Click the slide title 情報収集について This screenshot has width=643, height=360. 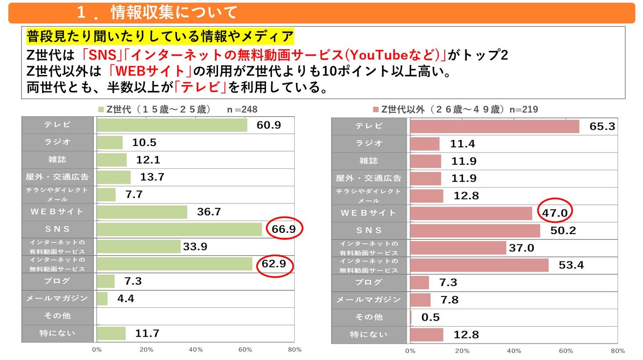(x=174, y=12)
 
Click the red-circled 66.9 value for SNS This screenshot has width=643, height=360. (x=284, y=229)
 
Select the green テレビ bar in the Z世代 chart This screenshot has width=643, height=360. (x=172, y=125)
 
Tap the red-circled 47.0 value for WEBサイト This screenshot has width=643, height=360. (x=555, y=213)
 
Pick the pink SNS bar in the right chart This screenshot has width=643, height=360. (x=475, y=231)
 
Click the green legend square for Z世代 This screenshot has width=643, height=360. (x=101, y=110)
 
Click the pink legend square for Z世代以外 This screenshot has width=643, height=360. (x=375, y=110)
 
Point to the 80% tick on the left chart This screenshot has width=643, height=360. (x=295, y=349)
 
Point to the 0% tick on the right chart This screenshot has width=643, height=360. (x=410, y=351)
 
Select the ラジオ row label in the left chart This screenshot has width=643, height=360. (x=57, y=142)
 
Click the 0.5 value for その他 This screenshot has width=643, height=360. (x=430, y=317)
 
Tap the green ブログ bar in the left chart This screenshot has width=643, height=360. (x=106, y=281)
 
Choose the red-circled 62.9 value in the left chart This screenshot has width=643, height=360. (x=274, y=264)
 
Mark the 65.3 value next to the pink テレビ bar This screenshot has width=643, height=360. (x=602, y=127)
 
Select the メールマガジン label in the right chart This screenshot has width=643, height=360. (x=369, y=300)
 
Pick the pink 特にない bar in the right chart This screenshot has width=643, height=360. (x=427, y=335)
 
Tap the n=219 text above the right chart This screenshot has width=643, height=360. (x=524, y=110)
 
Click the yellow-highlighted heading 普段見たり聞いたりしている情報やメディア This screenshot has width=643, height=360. (x=160, y=36)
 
